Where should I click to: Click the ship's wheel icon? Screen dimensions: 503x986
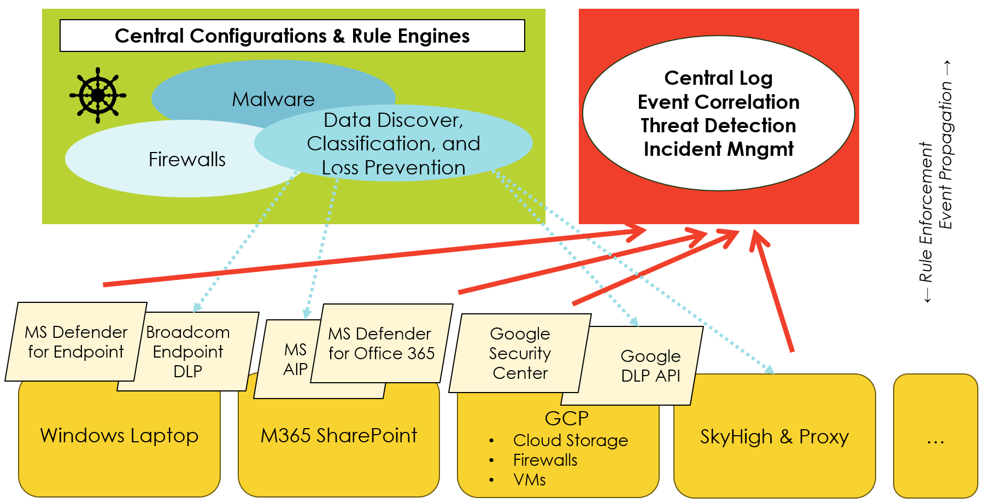(98, 95)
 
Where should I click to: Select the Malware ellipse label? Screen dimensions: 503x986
(273, 100)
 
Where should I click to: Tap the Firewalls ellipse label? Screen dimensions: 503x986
(187, 160)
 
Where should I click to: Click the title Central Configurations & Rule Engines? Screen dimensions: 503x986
(292, 36)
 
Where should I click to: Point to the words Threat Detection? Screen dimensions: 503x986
(718, 126)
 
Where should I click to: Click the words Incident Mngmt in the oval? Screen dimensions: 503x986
(718, 149)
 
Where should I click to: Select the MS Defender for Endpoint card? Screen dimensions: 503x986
(76, 342)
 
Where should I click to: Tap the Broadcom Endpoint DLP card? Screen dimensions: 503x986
(188, 352)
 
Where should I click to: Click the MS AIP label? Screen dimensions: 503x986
(295, 359)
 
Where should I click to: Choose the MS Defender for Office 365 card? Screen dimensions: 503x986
(381, 343)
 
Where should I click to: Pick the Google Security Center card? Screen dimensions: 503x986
(520, 353)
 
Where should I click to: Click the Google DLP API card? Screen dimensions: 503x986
(650, 366)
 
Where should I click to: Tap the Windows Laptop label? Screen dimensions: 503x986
(119, 436)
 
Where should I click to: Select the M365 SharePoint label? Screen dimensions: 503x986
(338, 436)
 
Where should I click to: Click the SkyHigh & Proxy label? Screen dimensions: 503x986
(774, 437)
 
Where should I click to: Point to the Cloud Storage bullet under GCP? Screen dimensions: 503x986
(570, 440)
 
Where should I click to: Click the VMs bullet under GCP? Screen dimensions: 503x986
(529, 479)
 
